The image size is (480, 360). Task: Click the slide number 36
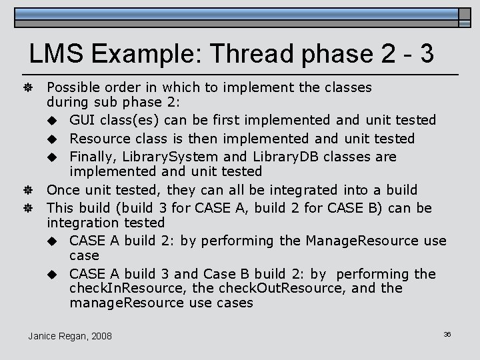[x=447, y=333]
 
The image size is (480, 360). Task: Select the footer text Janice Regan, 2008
[x=70, y=335]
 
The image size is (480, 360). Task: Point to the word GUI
[x=84, y=120]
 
